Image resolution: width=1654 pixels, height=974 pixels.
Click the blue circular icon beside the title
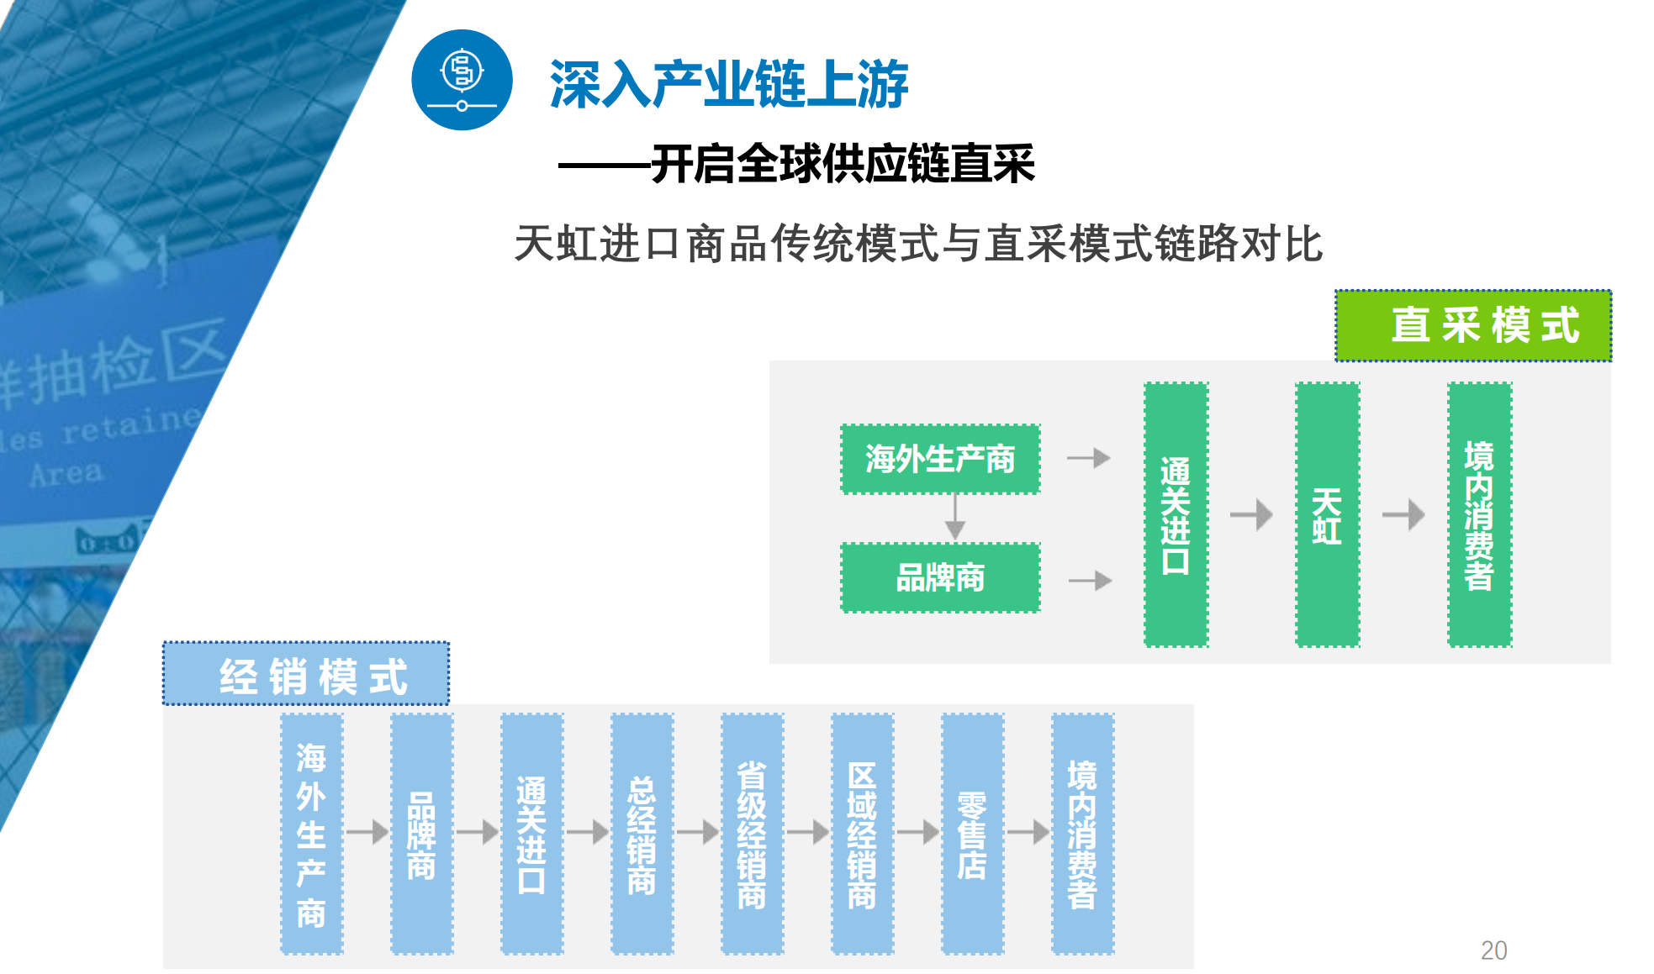(x=462, y=80)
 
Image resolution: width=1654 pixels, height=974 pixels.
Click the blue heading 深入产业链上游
(x=729, y=84)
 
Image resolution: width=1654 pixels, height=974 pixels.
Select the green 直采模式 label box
(x=1473, y=325)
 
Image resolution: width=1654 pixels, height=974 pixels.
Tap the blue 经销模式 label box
(x=306, y=674)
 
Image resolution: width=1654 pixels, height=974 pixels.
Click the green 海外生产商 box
(x=940, y=459)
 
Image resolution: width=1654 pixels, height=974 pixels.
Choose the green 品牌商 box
(x=940, y=577)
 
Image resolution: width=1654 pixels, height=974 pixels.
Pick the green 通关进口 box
(x=1176, y=514)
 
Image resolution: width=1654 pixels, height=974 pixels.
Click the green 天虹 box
(x=1327, y=514)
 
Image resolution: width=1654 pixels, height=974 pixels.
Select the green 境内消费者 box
(x=1479, y=514)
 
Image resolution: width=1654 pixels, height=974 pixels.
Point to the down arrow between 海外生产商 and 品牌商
(x=954, y=517)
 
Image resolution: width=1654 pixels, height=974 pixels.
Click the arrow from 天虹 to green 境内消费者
(x=1403, y=514)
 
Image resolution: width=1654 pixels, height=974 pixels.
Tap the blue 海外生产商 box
(x=312, y=834)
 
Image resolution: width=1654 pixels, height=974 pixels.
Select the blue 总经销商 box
(x=642, y=834)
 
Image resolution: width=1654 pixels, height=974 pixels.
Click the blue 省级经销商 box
(x=753, y=834)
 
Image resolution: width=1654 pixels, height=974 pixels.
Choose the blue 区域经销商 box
(x=863, y=834)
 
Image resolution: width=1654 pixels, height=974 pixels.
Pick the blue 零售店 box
(x=973, y=834)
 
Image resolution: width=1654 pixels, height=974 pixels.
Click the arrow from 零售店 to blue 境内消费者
(x=1028, y=832)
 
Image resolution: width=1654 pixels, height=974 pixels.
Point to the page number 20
(x=1493, y=950)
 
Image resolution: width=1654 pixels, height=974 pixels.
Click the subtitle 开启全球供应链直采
(x=843, y=164)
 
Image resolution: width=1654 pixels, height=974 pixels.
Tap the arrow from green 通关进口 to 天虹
(x=1251, y=514)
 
